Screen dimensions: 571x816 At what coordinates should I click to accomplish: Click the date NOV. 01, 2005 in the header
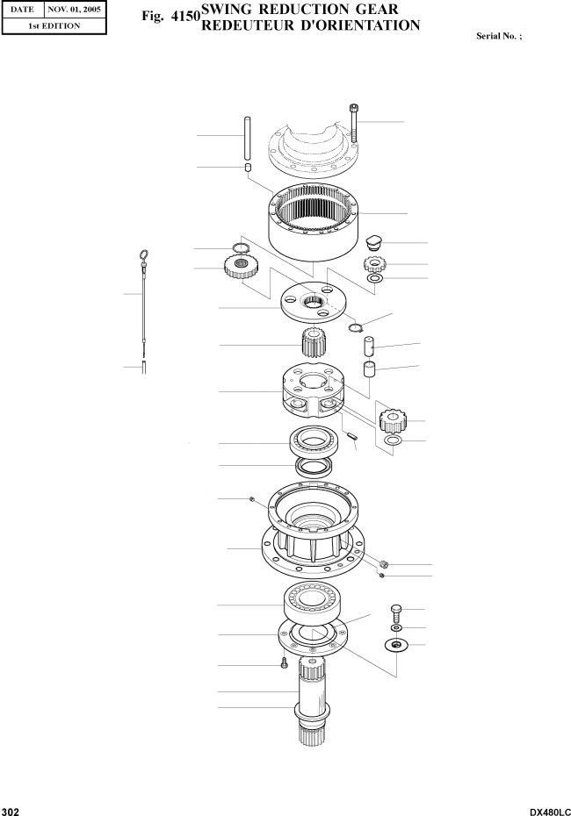pyautogui.click(x=74, y=10)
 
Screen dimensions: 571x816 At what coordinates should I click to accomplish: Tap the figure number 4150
pyautogui.click(x=185, y=16)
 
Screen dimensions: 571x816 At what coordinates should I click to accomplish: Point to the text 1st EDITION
pyautogui.click(x=54, y=25)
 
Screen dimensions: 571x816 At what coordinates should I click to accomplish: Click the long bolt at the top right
pyautogui.click(x=354, y=124)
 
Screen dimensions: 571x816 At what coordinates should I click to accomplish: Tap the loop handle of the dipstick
pyautogui.click(x=144, y=256)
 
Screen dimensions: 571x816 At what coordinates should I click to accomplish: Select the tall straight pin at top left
pyautogui.click(x=248, y=139)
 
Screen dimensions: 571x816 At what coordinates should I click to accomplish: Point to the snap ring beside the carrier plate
pyautogui.click(x=355, y=326)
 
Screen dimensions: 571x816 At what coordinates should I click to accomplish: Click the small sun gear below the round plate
pyautogui.click(x=313, y=344)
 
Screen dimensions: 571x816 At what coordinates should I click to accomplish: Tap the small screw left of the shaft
pyautogui.click(x=284, y=663)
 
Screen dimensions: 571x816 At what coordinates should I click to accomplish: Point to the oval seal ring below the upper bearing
pyautogui.click(x=313, y=466)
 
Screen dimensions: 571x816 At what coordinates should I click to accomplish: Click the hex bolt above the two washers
pyautogui.click(x=396, y=611)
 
